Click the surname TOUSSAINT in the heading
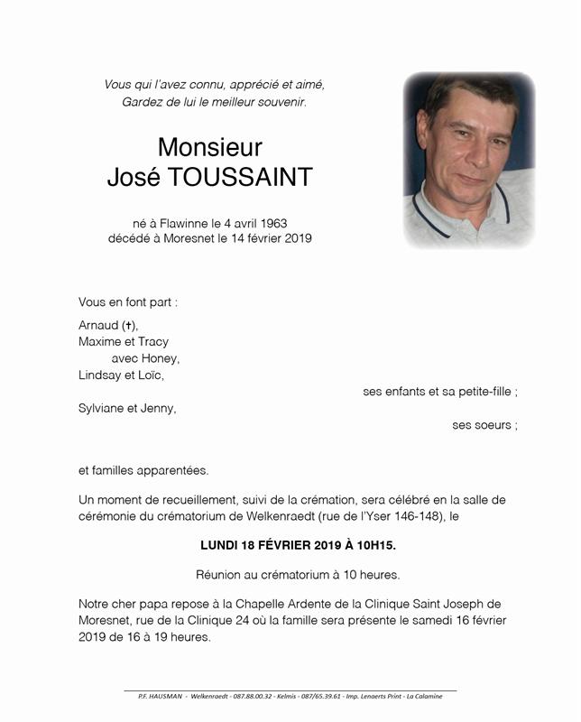(249, 178)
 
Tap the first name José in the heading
(133, 178)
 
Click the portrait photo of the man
(469, 161)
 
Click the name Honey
(161, 358)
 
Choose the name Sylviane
(103, 408)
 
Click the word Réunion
(219, 575)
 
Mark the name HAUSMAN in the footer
(167, 696)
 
